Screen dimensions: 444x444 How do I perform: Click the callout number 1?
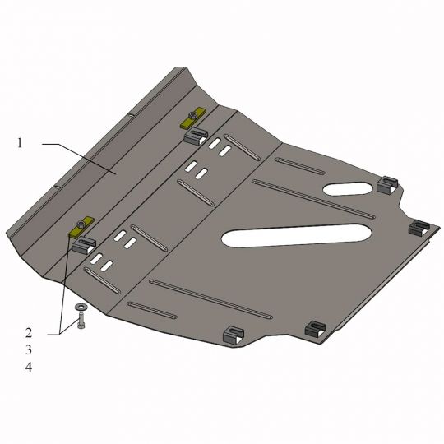[x=20, y=143]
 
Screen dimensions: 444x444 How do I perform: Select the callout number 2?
[x=29, y=333]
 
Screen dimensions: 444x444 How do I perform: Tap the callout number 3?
[x=29, y=350]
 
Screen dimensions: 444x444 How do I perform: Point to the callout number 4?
[x=29, y=368]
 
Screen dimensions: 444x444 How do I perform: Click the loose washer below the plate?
[x=81, y=307]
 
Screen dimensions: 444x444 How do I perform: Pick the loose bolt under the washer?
[x=81, y=321]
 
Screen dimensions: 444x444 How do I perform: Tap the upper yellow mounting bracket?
[x=194, y=118]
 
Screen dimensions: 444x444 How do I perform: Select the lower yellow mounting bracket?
[x=81, y=227]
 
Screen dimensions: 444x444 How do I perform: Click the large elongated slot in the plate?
[x=296, y=236]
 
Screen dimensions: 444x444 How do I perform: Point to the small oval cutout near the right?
[x=348, y=188]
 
